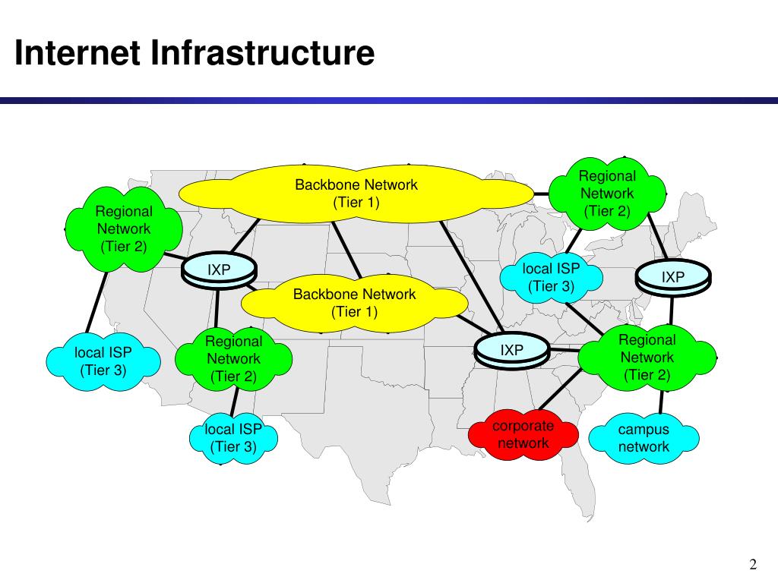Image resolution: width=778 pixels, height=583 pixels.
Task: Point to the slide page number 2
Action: click(x=753, y=564)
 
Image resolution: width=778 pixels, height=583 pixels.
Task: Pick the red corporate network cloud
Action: click(x=523, y=435)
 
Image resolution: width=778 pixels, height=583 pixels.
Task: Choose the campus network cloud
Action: click(x=644, y=438)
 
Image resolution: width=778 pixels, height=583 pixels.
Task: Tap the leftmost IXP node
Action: click(x=220, y=270)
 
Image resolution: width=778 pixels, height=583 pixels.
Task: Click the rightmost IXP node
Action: click(x=673, y=279)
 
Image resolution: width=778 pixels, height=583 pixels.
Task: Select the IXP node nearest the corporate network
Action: click(x=512, y=350)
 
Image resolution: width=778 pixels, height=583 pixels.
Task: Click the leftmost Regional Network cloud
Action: click(x=124, y=228)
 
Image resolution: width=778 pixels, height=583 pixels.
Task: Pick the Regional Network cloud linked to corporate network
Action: click(x=647, y=358)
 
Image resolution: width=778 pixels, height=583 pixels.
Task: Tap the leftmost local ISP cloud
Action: click(x=103, y=361)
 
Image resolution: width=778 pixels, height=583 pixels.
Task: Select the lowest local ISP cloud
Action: click(x=234, y=438)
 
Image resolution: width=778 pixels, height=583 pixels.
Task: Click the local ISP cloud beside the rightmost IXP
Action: click(x=551, y=278)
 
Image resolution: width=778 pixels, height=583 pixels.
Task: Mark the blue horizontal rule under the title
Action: click(x=389, y=100)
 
